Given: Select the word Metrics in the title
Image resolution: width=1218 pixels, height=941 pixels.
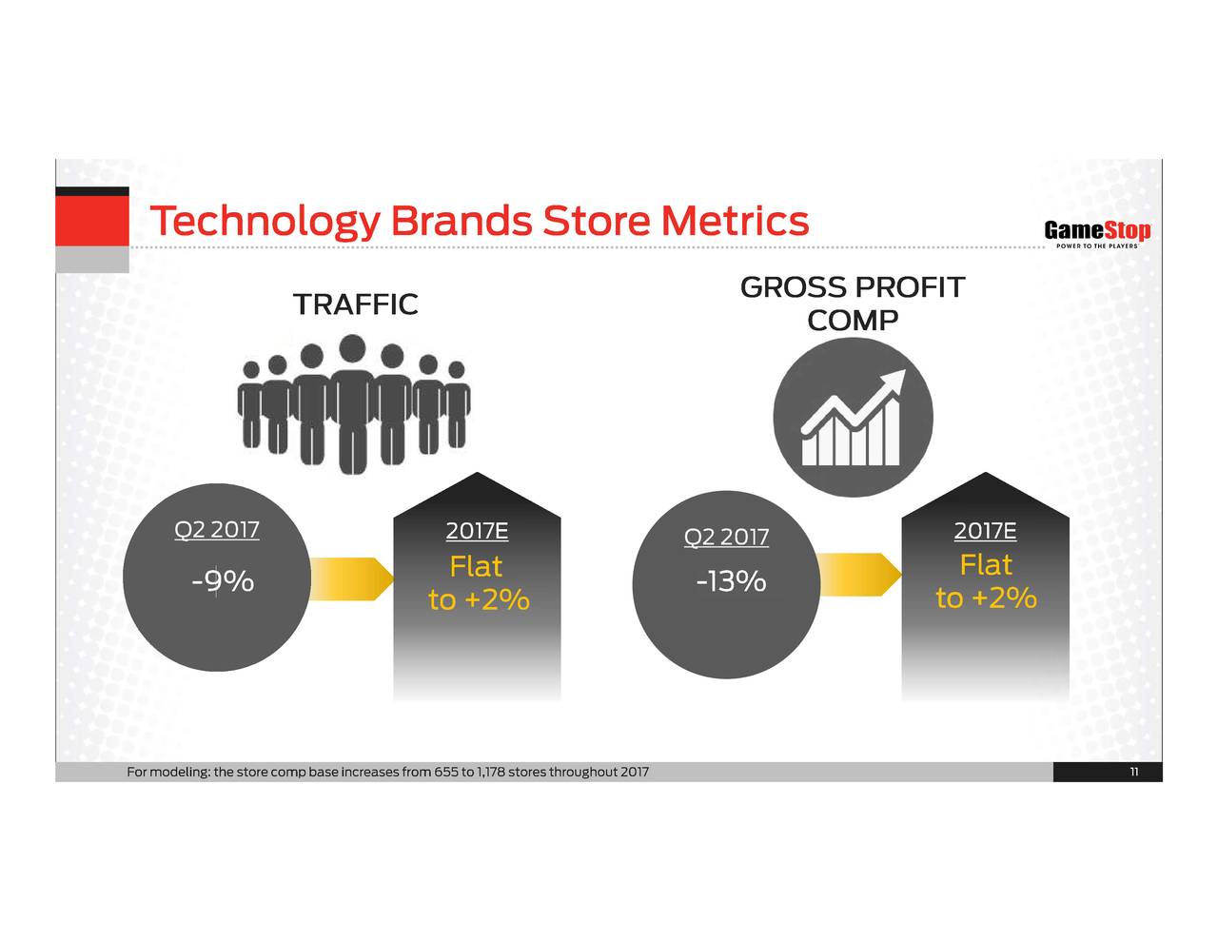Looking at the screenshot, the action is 735,220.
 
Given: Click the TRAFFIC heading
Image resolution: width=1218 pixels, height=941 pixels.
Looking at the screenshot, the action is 355,304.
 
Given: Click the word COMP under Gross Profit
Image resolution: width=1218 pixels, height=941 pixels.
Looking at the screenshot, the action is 852,321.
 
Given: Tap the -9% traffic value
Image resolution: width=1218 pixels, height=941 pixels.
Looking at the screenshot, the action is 223,581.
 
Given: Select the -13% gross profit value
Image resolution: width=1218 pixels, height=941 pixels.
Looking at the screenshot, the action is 731,581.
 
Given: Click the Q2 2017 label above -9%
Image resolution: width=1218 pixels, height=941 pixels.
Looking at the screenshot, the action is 217,530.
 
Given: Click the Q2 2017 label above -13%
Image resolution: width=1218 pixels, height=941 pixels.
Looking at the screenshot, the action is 726,537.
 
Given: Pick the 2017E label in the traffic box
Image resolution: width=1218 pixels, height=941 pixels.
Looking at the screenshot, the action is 477,531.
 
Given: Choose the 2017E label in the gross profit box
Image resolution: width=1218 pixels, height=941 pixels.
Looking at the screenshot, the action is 986,531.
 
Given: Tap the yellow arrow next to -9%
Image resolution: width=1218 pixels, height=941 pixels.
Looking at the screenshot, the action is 351,578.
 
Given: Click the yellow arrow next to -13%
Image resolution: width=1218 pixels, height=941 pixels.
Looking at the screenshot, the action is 859,575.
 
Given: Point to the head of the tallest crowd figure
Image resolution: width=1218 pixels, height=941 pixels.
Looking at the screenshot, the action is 353,348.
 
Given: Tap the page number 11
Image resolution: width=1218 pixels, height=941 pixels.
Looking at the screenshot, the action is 1134,772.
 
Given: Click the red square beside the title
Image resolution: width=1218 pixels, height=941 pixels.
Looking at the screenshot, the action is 92,221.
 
